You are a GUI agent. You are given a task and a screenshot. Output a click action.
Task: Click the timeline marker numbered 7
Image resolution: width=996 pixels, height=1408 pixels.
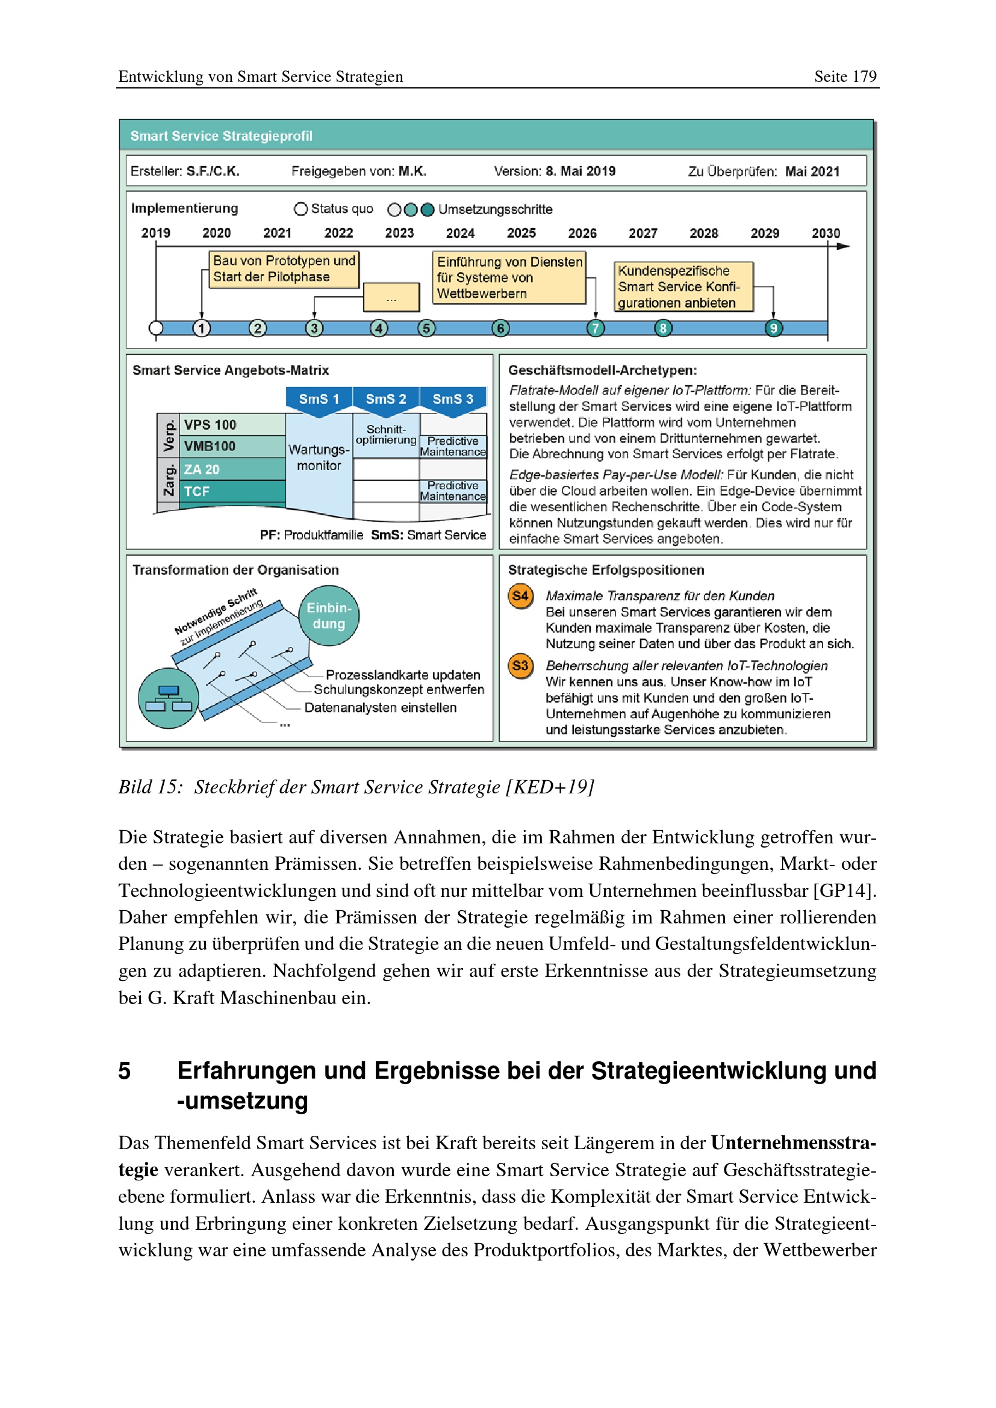pyautogui.click(x=595, y=328)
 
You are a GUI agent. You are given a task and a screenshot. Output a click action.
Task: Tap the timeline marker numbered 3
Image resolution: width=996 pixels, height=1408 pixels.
pyautogui.click(x=314, y=328)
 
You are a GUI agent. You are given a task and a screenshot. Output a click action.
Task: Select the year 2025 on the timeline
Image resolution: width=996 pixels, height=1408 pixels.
pyautogui.click(x=521, y=233)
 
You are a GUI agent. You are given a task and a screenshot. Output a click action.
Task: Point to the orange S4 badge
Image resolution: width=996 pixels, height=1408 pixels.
pyautogui.click(x=520, y=596)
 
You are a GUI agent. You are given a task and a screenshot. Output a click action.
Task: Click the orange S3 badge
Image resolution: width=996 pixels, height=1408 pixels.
pyautogui.click(x=520, y=666)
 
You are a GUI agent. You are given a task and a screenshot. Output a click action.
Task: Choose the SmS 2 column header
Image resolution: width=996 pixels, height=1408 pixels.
pyautogui.click(x=386, y=399)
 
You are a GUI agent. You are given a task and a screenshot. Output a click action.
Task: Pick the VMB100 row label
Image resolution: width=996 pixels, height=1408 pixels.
pyautogui.click(x=210, y=447)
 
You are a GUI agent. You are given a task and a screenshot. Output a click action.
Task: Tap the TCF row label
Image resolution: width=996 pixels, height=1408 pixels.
pyautogui.click(x=197, y=492)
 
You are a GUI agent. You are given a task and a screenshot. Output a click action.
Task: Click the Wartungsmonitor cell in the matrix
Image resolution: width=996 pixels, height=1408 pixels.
pyautogui.click(x=319, y=457)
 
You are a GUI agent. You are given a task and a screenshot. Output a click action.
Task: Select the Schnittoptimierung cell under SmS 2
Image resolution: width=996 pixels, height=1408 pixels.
pyautogui.click(x=386, y=435)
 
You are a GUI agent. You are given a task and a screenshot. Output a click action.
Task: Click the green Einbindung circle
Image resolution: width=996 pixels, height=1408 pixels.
pyautogui.click(x=329, y=616)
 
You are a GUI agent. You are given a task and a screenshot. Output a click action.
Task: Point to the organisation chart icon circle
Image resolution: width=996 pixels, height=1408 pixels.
pyautogui.click(x=169, y=698)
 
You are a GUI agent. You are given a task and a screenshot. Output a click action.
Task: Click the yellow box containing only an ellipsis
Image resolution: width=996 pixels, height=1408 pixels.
pyautogui.click(x=391, y=298)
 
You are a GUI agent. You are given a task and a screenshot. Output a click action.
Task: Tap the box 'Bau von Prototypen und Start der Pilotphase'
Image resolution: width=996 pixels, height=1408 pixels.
pyautogui.click(x=284, y=269)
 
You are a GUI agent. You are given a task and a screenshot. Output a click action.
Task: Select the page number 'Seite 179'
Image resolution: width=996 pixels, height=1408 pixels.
pyautogui.click(x=845, y=76)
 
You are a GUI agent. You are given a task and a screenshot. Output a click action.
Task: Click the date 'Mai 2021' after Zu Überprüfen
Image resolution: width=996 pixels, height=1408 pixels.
pyautogui.click(x=812, y=172)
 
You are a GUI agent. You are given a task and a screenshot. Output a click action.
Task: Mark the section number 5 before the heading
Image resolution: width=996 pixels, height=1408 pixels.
pyautogui.click(x=125, y=1071)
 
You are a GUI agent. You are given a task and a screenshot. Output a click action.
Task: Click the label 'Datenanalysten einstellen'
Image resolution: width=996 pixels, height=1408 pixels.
pyautogui.click(x=380, y=708)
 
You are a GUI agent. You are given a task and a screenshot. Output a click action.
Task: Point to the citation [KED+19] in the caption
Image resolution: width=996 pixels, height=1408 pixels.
pyautogui.click(x=550, y=787)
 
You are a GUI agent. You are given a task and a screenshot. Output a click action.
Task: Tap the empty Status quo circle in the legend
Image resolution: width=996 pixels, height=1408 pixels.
pyautogui.click(x=300, y=209)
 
